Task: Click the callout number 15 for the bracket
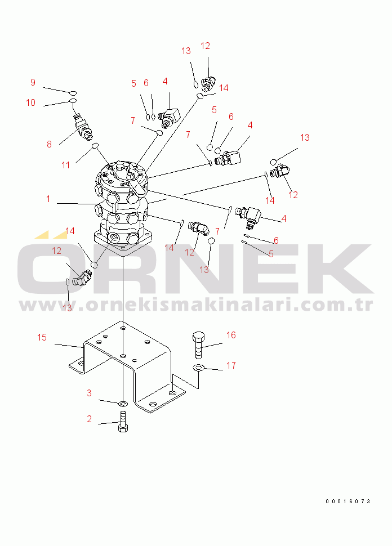point(42,337)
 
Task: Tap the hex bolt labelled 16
point(198,344)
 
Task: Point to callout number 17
point(231,365)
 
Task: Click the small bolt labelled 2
point(123,422)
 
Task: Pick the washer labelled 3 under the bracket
point(123,404)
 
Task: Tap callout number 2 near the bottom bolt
point(89,419)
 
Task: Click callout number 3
point(89,393)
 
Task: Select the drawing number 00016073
point(348,502)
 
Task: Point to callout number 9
point(33,82)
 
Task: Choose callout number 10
point(30,102)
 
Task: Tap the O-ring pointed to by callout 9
point(73,93)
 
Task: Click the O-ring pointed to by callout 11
point(95,146)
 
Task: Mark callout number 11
point(65,165)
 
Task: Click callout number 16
point(231,335)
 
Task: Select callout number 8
point(49,144)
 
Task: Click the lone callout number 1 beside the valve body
point(48,199)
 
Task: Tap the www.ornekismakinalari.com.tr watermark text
point(196,305)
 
